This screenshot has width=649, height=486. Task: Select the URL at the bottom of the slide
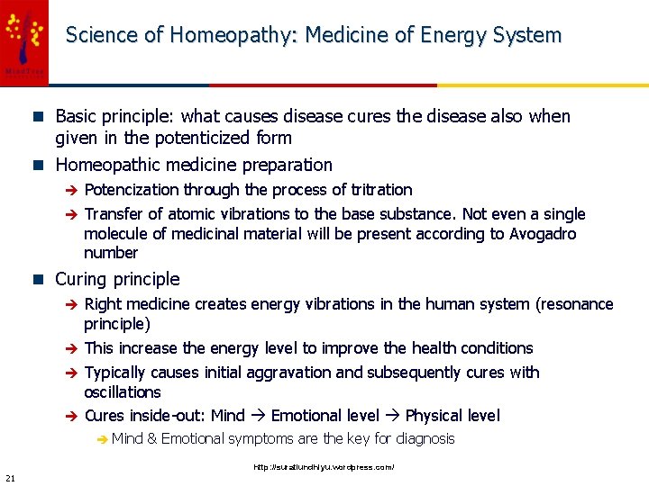(x=324, y=467)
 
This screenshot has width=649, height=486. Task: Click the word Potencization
(x=132, y=190)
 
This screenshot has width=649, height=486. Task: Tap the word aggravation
(x=285, y=373)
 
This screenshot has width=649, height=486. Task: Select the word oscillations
(x=122, y=392)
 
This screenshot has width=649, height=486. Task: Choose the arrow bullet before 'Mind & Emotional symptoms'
(x=102, y=439)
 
